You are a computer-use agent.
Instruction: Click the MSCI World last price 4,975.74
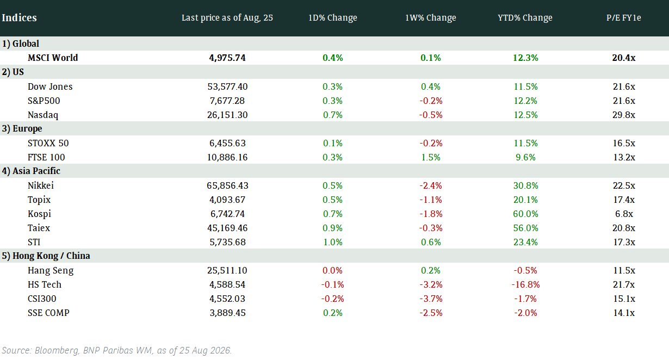tap(227, 58)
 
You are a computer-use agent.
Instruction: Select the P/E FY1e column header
tap(624, 17)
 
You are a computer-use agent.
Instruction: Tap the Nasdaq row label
tap(43, 115)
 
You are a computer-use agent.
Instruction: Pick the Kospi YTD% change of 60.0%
tap(525, 214)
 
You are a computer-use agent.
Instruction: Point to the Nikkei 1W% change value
tap(431, 185)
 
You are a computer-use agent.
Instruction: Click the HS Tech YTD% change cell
tap(525, 284)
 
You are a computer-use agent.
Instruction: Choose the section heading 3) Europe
tap(22, 129)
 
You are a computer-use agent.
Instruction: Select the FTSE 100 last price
tap(227, 157)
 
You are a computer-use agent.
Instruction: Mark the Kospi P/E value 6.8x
tap(624, 214)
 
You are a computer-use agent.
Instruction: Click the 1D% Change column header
tap(333, 17)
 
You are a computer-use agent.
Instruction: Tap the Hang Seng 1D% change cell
tap(332, 270)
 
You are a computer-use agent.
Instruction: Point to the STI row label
tap(34, 242)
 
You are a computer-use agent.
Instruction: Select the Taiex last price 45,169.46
tap(227, 228)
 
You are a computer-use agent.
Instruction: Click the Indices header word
tap(20, 17)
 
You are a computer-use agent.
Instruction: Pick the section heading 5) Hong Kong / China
tap(46, 256)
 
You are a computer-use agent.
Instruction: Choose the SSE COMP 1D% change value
tap(333, 313)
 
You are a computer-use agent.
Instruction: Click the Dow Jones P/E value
tap(624, 86)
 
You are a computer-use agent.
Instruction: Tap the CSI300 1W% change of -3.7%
tap(431, 299)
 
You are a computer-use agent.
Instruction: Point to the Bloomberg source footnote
tap(117, 350)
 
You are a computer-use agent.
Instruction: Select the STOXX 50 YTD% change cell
tap(525, 143)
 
